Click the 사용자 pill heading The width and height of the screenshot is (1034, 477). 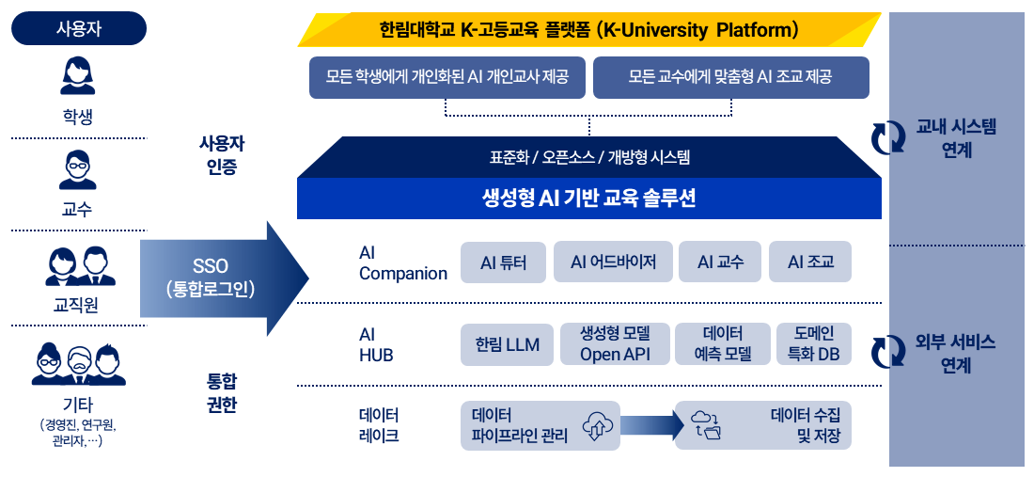(78, 28)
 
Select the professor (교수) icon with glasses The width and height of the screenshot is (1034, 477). (78, 170)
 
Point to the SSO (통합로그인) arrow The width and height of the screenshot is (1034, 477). (225, 278)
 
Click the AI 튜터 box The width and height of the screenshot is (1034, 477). (503, 262)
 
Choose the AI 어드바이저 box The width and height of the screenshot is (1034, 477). (613, 262)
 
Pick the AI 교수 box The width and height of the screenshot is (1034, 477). (720, 262)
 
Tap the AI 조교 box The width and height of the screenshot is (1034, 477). (810, 262)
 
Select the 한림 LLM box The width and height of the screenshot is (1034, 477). (507, 344)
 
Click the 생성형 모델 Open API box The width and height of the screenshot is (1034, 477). (616, 344)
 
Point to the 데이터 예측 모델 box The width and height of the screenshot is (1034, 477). (723, 344)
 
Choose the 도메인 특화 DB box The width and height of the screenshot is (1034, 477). (814, 344)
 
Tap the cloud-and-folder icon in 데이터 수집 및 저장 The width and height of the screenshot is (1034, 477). (706, 425)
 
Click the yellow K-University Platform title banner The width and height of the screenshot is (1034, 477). (589, 30)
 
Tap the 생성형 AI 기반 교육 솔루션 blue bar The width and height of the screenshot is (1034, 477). (588, 199)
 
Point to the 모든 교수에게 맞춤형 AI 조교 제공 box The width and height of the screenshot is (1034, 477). (730, 78)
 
